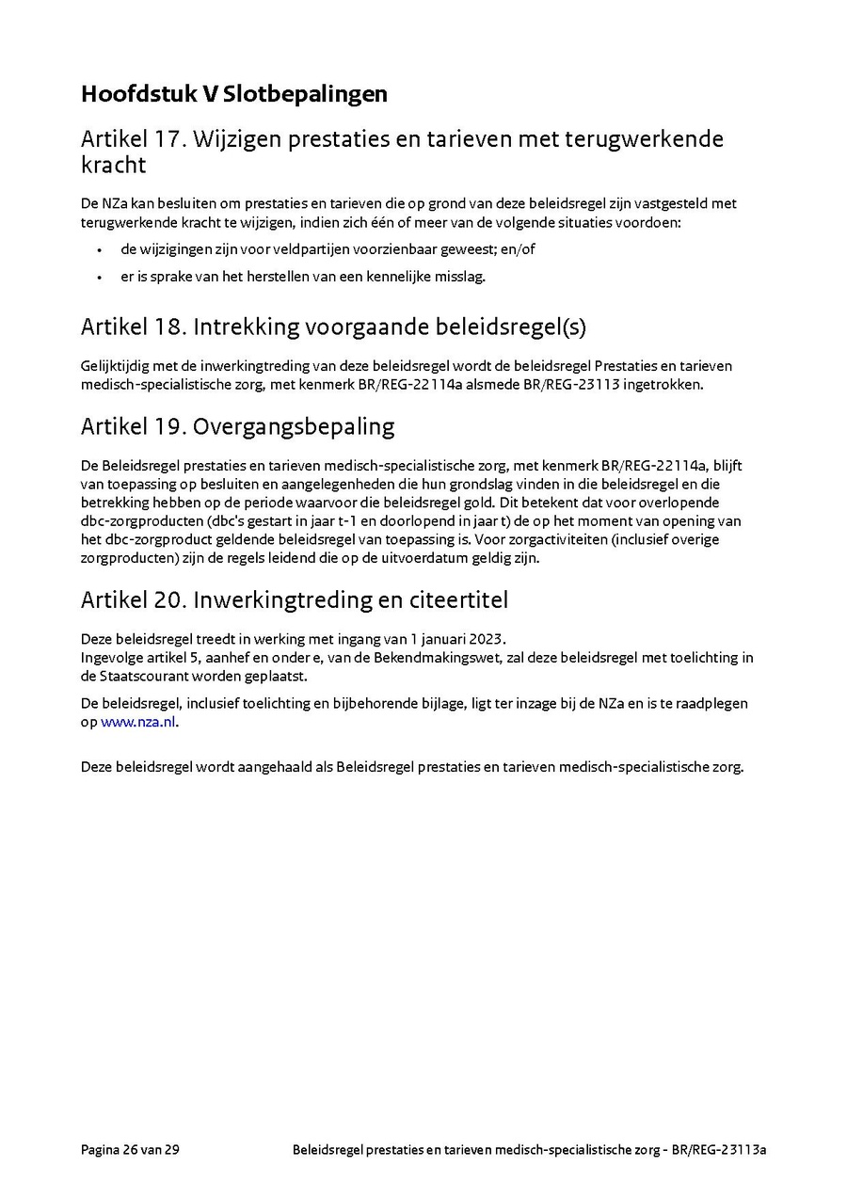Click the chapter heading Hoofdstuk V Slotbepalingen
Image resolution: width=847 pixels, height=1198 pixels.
233,94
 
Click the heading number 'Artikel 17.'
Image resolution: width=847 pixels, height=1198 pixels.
134,139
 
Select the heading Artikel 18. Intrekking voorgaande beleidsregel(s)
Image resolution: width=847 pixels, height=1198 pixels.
333,327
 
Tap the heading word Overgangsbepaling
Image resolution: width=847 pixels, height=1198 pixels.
294,426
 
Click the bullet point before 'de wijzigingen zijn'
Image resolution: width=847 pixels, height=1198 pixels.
100,250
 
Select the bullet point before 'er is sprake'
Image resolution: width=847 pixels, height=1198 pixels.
100,276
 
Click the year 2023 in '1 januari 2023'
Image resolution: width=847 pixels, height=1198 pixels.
487,638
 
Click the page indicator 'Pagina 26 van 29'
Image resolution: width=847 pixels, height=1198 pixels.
130,1149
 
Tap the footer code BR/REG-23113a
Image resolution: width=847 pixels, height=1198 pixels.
720,1149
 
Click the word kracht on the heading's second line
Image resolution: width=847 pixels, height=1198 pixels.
113,166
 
